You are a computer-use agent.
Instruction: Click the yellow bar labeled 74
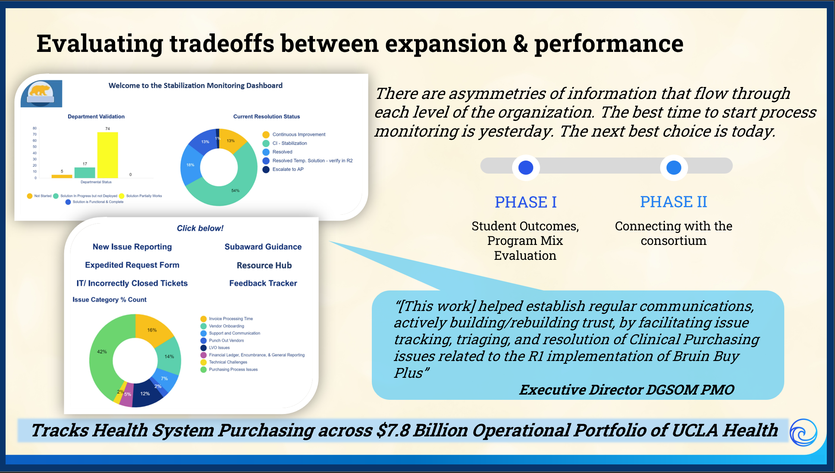pyautogui.click(x=107, y=155)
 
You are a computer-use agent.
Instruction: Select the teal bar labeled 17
pyautogui.click(x=85, y=172)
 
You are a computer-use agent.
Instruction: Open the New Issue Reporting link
pyautogui.click(x=132, y=247)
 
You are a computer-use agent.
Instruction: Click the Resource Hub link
pyautogui.click(x=264, y=265)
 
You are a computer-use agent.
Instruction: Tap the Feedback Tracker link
pyautogui.click(x=263, y=283)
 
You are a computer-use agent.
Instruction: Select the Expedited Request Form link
pyautogui.click(x=132, y=265)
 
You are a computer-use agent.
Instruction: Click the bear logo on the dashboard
pyautogui.click(x=41, y=94)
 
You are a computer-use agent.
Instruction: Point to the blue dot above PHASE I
pyautogui.click(x=526, y=168)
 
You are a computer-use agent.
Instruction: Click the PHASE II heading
pyautogui.click(x=674, y=202)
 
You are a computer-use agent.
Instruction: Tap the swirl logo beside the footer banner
pyautogui.click(x=803, y=433)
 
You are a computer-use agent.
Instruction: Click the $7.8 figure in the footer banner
pyautogui.click(x=393, y=430)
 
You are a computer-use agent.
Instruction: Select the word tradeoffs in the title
pyautogui.click(x=222, y=44)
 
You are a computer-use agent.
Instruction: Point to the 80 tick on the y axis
pyautogui.click(x=35, y=128)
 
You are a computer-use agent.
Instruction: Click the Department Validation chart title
pyautogui.click(x=96, y=116)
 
